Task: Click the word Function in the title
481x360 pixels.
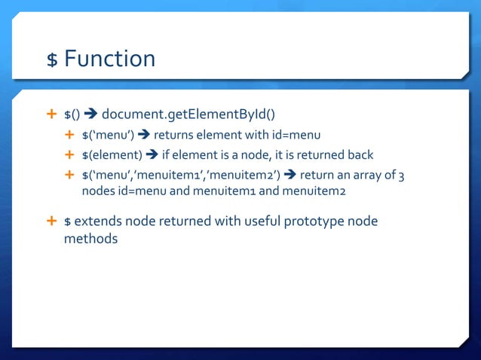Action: [x=110, y=58]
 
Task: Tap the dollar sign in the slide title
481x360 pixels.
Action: [x=52, y=59]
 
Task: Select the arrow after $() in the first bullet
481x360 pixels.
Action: [x=90, y=114]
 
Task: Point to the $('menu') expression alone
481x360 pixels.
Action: [x=108, y=136]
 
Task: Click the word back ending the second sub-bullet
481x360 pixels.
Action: [x=359, y=155]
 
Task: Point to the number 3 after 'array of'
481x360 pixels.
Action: [x=401, y=175]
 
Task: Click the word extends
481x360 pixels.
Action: [x=99, y=221]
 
